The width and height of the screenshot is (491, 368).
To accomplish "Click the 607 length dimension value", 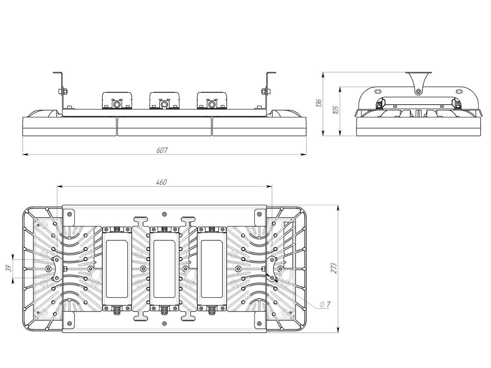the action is click(x=162, y=150).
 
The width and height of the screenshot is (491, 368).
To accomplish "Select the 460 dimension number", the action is click(x=161, y=182).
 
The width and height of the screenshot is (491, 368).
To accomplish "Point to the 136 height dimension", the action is click(x=318, y=103).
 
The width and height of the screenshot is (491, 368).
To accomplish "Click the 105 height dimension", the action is click(x=336, y=110).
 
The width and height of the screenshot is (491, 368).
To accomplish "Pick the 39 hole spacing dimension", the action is click(x=8, y=268).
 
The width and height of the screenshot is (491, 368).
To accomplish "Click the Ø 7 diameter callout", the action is click(x=325, y=304).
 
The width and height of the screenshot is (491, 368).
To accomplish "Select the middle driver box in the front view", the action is click(x=165, y=100).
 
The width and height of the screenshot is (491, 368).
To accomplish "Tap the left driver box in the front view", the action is click(x=117, y=100).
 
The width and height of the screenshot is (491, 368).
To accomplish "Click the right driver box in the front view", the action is click(x=212, y=100).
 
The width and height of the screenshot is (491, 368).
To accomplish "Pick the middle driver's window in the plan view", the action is click(x=165, y=269).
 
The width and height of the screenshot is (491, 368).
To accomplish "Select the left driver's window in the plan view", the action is click(x=117, y=269).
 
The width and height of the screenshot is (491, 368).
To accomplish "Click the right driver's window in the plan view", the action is click(x=212, y=269).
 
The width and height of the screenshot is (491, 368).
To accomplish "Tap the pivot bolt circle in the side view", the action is click(x=418, y=91).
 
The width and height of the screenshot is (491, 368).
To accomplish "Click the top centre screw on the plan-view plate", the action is click(x=165, y=214).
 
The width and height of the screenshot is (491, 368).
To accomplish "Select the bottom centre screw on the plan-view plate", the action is click(x=165, y=323).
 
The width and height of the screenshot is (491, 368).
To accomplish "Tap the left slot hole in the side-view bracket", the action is click(x=378, y=91).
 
